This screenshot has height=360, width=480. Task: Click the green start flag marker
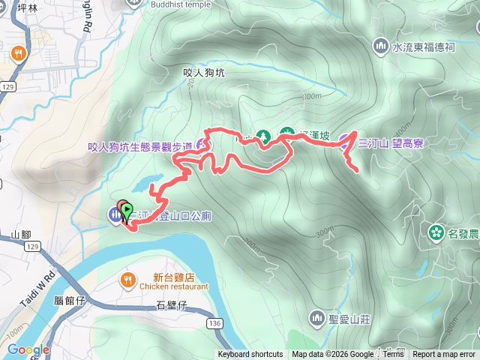point(127,211)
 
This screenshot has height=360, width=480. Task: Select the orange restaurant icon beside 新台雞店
point(127,281)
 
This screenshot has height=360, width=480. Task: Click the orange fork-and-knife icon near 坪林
point(17,54)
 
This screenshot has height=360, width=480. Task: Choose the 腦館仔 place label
point(70,300)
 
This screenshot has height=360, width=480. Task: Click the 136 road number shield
point(216,322)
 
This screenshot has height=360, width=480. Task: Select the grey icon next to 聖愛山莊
point(317,318)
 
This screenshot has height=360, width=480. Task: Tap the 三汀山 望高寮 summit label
point(390,143)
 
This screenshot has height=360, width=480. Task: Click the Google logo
point(28,349)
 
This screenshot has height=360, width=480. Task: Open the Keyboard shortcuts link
point(250,355)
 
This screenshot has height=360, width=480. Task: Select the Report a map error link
point(444,355)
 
